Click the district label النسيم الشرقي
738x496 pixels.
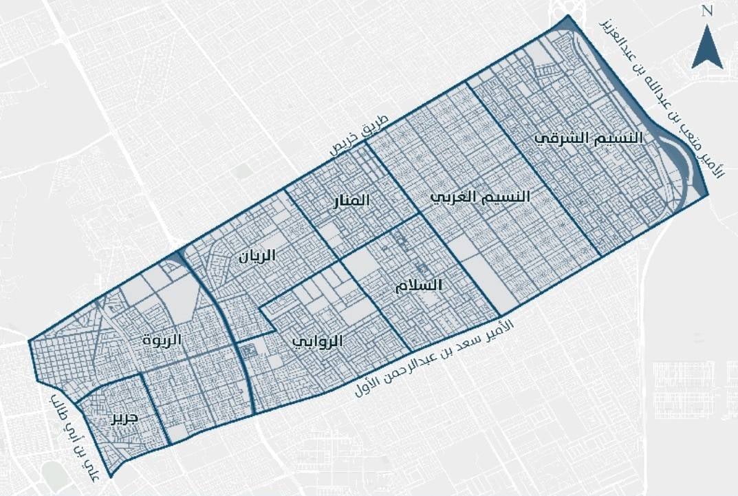pyautogui.click(x=589, y=138)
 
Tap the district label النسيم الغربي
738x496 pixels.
pyautogui.click(x=481, y=197)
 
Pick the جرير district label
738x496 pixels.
pyautogui.click(x=127, y=418)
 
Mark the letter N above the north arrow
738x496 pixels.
pyautogui.click(x=706, y=10)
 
